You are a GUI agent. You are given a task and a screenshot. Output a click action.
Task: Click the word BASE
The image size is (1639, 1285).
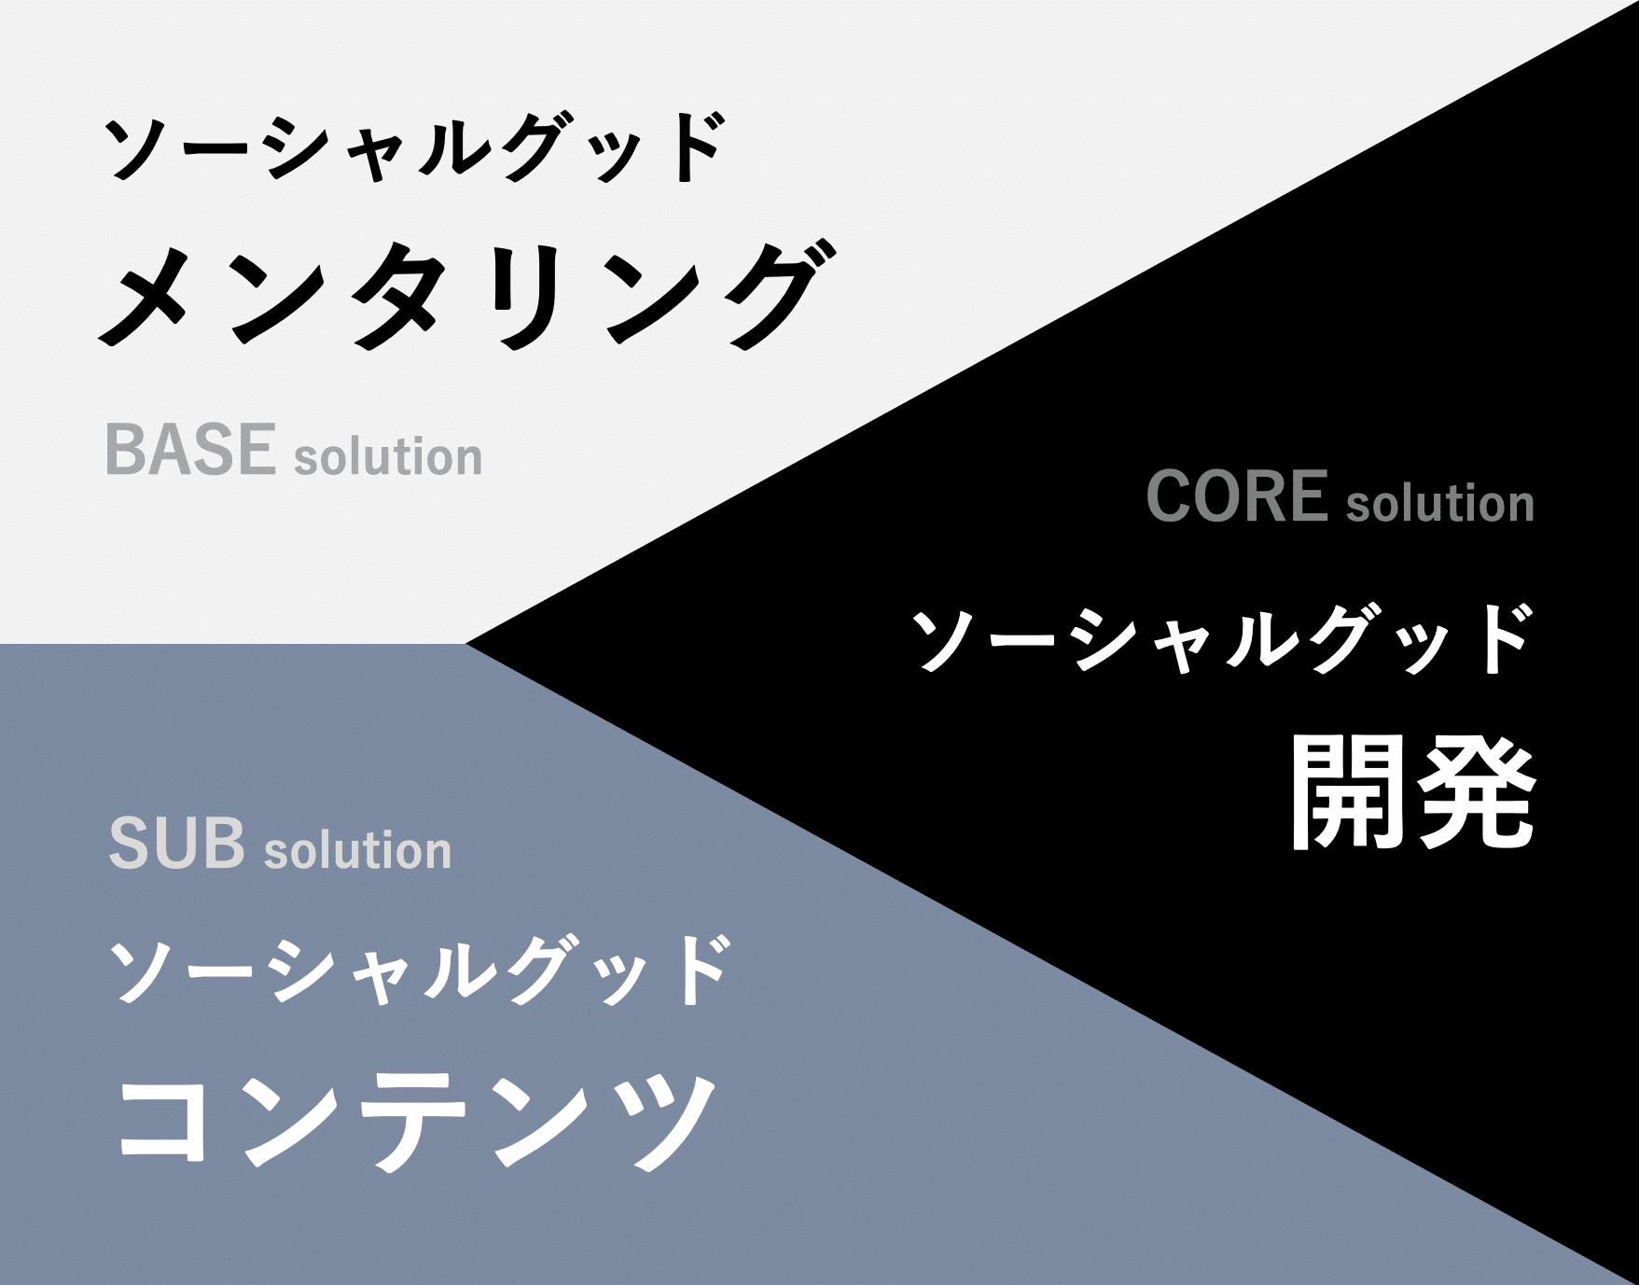point(190,449)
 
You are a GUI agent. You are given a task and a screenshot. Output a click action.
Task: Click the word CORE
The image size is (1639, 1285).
point(1236,496)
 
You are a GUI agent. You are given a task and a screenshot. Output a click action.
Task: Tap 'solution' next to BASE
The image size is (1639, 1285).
point(388,456)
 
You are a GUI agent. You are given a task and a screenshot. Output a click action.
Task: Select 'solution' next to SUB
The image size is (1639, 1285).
point(358,850)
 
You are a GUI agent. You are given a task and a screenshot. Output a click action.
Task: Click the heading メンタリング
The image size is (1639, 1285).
point(467,294)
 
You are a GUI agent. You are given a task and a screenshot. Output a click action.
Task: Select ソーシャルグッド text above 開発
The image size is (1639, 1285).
point(1221,638)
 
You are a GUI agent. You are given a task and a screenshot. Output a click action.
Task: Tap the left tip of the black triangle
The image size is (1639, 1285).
point(465,643)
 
